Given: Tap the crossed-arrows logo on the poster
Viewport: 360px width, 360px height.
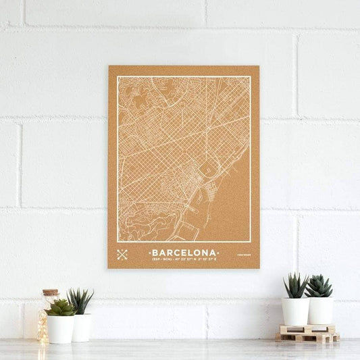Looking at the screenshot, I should (x=122, y=255).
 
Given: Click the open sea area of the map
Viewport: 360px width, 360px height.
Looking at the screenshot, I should (x=233, y=203).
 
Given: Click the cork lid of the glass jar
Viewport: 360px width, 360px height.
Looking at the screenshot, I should (x=51, y=293).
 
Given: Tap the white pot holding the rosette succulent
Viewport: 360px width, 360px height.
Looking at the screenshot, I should (x=60, y=329).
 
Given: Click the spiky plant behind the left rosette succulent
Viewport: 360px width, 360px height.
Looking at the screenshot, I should (x=80, y=301).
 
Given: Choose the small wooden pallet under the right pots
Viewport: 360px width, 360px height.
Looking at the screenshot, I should (x=307, y=333).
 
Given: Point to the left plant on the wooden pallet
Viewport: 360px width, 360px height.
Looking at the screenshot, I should (x=295, y=286).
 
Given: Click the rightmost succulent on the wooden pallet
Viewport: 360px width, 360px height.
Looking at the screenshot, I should (x=319, y=286).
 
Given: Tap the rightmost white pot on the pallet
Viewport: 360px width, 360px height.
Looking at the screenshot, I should (x=321, y=311).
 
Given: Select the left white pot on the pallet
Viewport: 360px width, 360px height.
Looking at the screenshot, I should (x=295, y=311).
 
